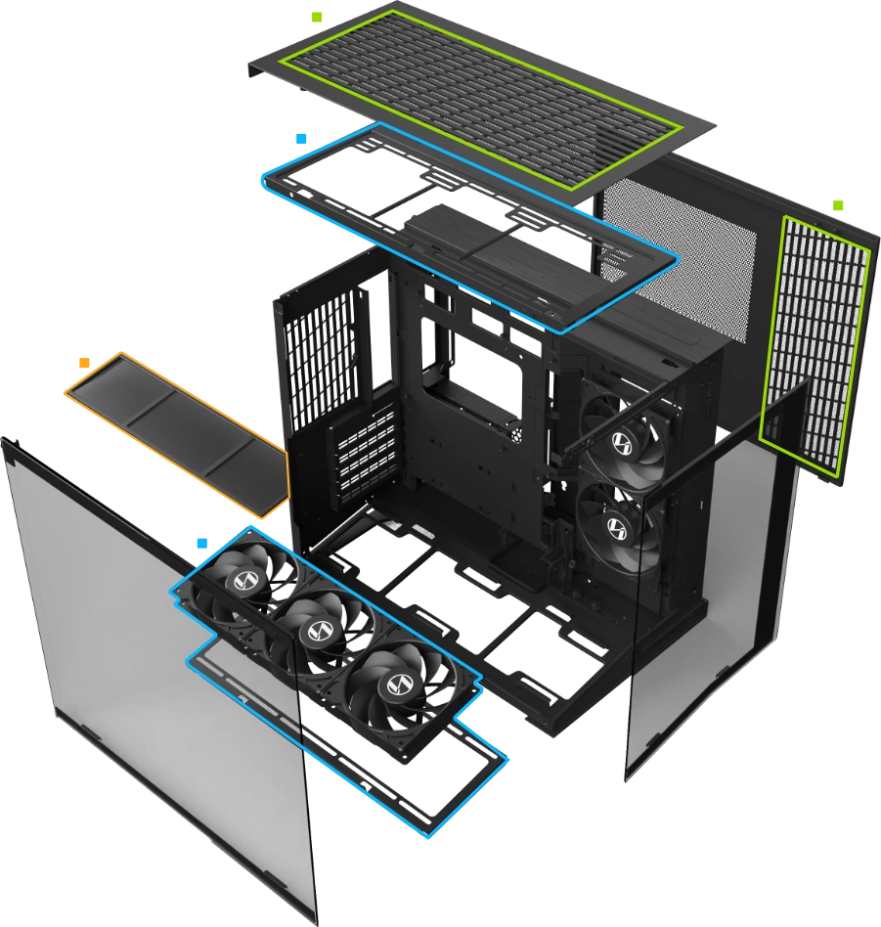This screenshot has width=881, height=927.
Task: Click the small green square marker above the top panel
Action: point(315,18)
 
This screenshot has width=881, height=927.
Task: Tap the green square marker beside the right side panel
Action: point(837,203)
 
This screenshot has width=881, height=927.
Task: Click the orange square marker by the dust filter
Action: point(84,363)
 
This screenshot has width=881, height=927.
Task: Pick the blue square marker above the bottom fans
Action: point(201,541)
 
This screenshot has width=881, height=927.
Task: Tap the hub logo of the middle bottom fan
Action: point(315,631)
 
